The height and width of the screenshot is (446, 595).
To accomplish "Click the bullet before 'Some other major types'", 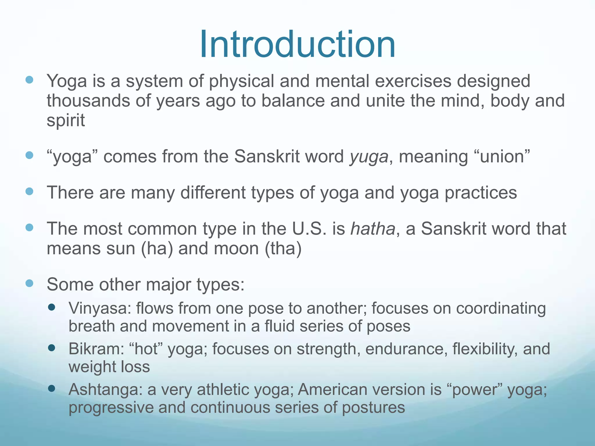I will pyautogui.click(x=29, y=283).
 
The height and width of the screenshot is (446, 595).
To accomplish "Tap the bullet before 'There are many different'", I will pyautogui.click(x=29, y=191).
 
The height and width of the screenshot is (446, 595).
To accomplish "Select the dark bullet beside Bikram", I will pyautogui.click(x=52, y=348).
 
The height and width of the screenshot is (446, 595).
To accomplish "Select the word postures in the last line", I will pyautogui.click(x=373, y=408).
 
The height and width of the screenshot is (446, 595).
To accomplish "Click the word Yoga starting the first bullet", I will pyautogui.click(x=67, y=81).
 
